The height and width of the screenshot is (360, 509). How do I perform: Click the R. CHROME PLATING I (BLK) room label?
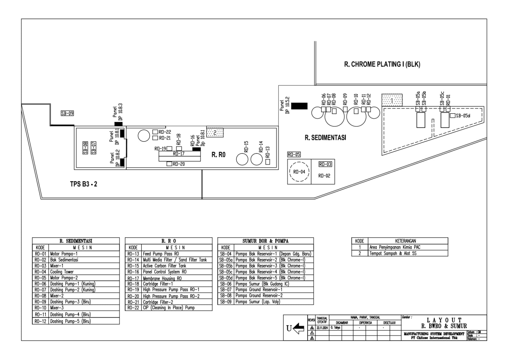(x=382, y=64)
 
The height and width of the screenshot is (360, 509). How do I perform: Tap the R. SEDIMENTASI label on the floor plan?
(x=325, y=138)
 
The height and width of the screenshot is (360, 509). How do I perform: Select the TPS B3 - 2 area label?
(x=83, y=184)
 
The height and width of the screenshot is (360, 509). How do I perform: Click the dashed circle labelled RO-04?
(x=299, y=172)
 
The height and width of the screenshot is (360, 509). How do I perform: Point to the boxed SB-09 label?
(x=67, y=113)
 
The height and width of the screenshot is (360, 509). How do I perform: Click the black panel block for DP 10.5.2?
(x=299, y=106)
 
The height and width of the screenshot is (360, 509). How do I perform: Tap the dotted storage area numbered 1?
(x=392, y=100)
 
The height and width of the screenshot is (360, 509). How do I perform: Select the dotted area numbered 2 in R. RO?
(x=215, y=132)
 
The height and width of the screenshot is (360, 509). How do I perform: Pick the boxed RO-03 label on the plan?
(x=325, y=164)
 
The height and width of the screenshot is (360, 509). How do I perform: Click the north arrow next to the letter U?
(x=298, y=328)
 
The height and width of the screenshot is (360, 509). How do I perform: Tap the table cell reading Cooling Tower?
(x=62, y=272)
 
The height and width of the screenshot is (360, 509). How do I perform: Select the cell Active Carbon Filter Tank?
(x=164, y=266)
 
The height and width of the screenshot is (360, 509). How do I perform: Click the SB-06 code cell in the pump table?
(x=225, y=284)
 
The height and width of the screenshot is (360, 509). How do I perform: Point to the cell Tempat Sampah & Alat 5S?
(x=393, y=253)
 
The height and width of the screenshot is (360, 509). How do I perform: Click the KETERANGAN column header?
(x=406, y=241)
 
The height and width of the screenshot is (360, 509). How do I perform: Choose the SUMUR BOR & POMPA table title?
(x=265, y=241)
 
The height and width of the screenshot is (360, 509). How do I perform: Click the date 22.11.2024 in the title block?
(x=322, y=328)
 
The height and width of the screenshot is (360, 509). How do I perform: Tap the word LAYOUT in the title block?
(x=444, y=320)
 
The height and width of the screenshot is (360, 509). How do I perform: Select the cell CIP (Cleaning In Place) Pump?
(x=168, y=308)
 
